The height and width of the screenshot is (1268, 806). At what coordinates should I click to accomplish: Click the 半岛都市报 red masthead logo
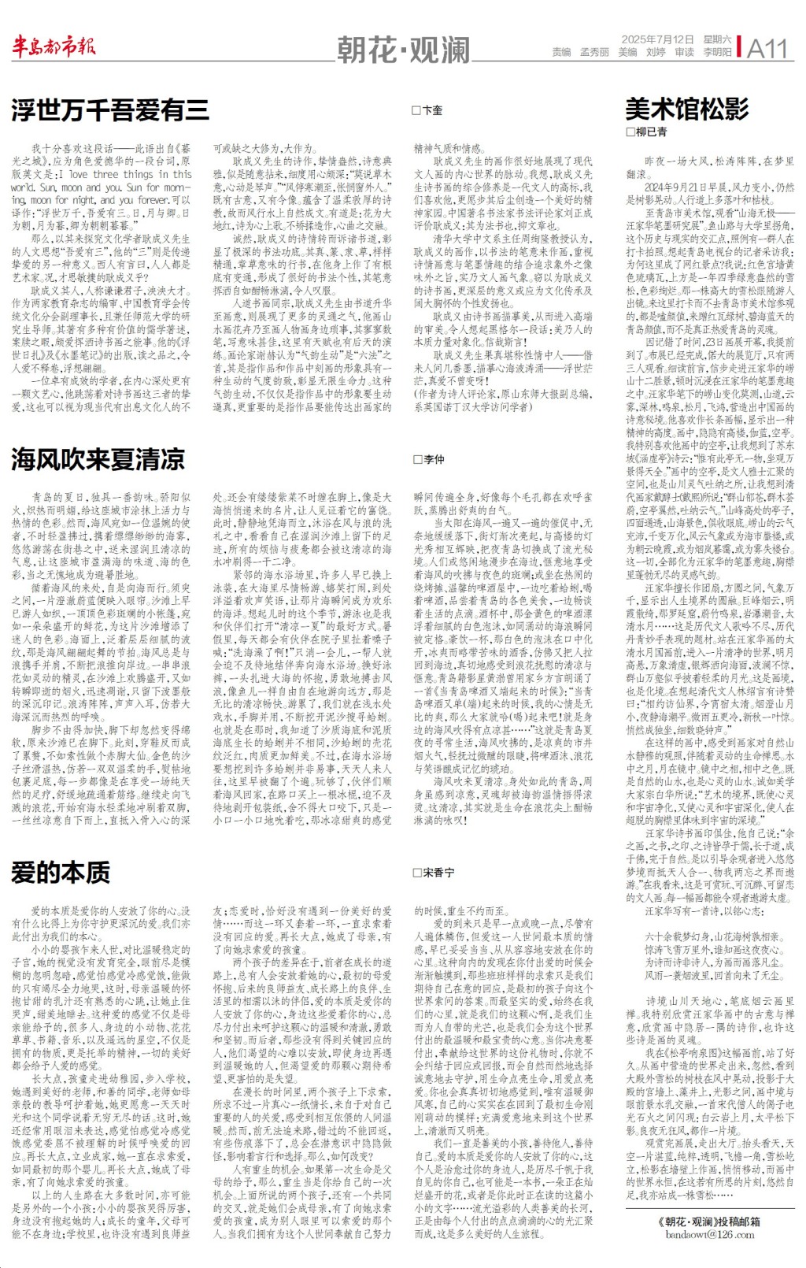coord(54,47)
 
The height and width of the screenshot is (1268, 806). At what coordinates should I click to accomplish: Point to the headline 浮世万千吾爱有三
coord(110,110)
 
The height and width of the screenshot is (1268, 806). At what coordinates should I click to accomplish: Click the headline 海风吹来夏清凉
coord(98,459)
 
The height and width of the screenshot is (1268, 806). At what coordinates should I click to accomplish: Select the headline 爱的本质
coord(61,873)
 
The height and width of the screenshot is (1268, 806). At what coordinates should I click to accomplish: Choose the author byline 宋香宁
coord(438,873)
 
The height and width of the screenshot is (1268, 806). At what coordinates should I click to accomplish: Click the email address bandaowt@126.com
coord(709,1234)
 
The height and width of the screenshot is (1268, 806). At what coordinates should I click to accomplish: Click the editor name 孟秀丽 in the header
coord(594,53)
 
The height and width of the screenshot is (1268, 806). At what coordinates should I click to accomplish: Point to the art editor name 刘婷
coord(656,53)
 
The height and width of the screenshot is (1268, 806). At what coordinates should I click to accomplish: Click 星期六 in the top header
coord(717,39)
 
